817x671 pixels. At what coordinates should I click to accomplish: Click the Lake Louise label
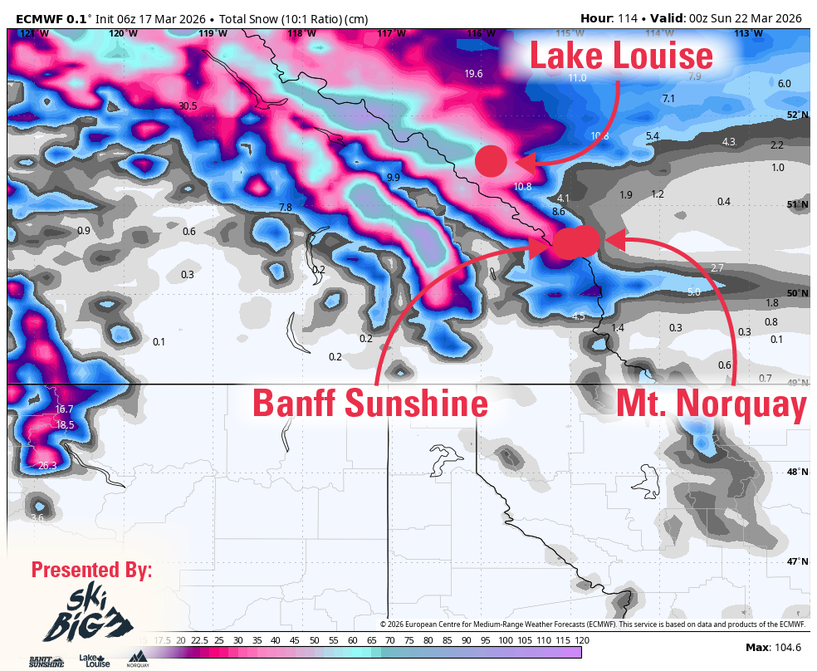[621, 56]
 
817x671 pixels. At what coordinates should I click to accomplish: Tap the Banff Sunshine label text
[369, 404]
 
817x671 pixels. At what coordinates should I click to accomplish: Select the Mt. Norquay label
[711, 404]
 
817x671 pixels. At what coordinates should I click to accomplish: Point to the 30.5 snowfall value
[188, 105]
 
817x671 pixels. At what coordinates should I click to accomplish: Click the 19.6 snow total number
[473, 74]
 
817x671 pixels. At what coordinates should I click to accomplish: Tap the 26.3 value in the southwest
[47, 466]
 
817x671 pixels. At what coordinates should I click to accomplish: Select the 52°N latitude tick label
[797, 115]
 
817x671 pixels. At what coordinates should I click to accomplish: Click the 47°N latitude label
[797, 561]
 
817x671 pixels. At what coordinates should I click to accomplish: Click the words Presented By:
[91, 570]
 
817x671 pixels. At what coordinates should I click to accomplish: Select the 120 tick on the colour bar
[582, 640]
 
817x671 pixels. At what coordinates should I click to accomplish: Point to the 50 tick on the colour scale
[314, 640]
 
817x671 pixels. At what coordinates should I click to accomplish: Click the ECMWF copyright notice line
[593, 624]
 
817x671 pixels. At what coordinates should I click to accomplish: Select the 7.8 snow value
[286, 207]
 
